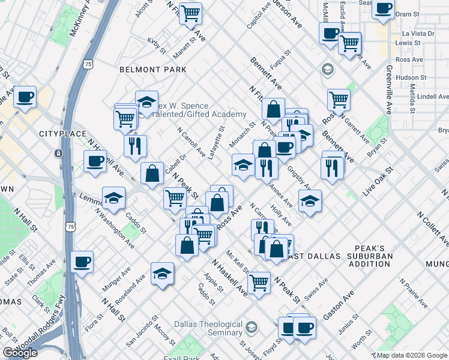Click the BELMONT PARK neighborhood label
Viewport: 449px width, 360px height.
(x=148, y=70)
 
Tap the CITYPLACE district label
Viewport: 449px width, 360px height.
(x=59, y=133)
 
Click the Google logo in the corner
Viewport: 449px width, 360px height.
(x=20, y=353)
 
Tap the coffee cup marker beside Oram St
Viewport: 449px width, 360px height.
(x=382, y=9)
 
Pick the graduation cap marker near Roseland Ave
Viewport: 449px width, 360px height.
(x=162, y=274)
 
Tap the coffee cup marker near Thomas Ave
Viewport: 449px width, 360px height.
(x=82, y=261)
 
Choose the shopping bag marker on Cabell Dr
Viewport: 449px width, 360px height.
(x=152, y=173)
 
